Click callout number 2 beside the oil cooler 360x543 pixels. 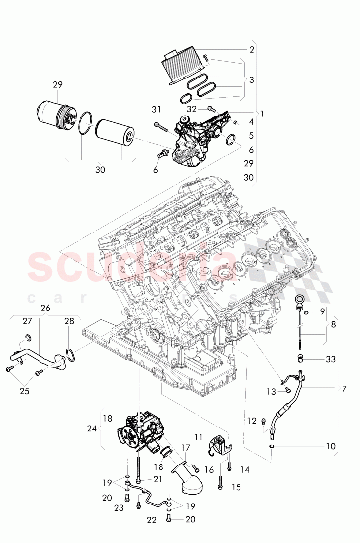252,49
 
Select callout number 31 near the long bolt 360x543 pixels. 157,109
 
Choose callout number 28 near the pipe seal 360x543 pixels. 69,321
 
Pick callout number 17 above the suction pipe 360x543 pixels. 185,448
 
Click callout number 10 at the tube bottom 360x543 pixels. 330,446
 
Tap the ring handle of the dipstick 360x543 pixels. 299,300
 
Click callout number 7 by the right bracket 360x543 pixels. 344,388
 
